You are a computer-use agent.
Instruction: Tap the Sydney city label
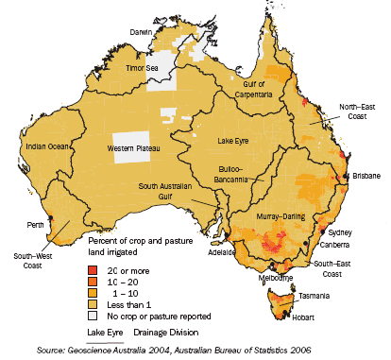pos(342,231)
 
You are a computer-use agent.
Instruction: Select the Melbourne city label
pos(274,279)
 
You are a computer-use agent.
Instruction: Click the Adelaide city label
pos(222,253)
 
